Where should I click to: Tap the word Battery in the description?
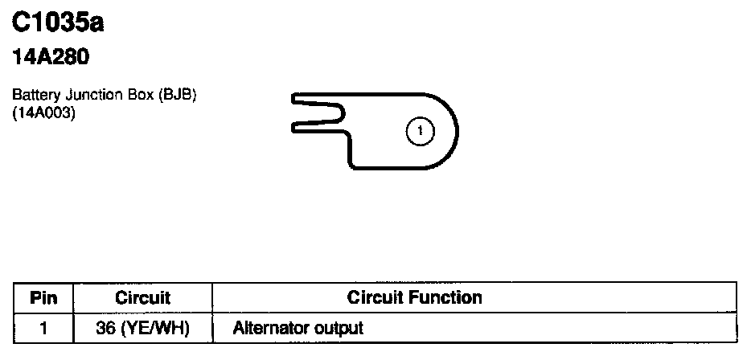point(31,96)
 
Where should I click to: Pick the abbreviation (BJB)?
point(177,96)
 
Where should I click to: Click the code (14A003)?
point(43,113)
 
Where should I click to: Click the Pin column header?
point(43,298)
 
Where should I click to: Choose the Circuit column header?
point(143,298)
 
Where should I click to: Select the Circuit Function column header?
point(414,298)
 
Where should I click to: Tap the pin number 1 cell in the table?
point(43,328)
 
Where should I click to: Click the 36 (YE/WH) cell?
point(142,328)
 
